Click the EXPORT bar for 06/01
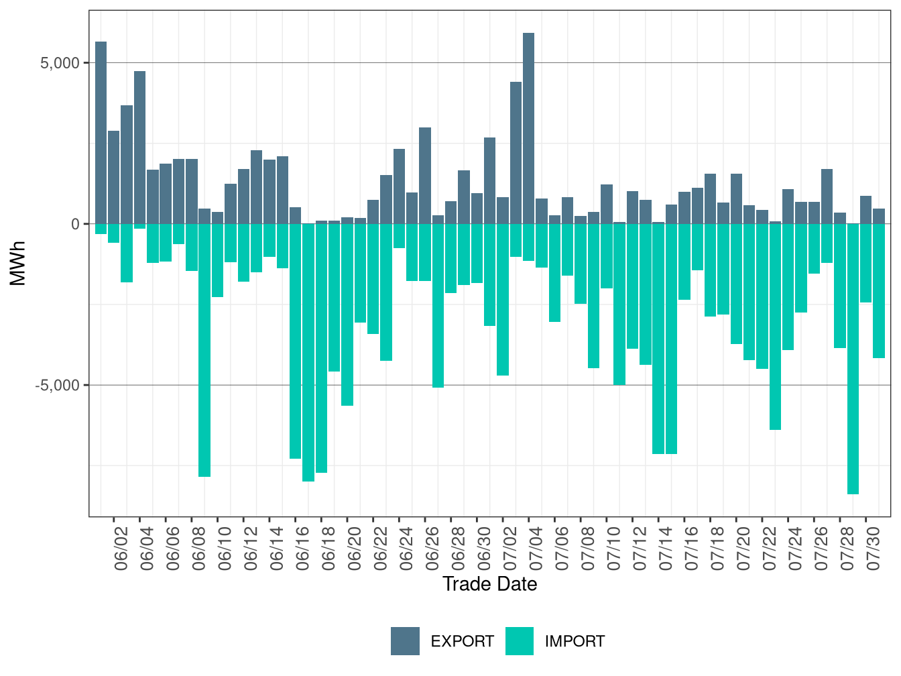(101, 133)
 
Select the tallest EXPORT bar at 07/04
(528, 129)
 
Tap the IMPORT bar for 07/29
(853, 359)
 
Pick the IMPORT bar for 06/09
(204, 350)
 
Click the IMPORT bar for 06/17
(308, 353)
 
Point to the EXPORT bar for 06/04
(139, 148)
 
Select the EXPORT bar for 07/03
(516, 153)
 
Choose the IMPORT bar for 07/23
(775, 327)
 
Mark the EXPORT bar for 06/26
(425, 176)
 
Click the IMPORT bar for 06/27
(438, 306)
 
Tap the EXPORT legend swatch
(405, 641)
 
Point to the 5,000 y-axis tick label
(60, 63)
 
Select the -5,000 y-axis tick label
(57, 386)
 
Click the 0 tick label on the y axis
(76, 225)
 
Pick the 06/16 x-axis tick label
(302, 549)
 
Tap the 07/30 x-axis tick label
(873, 549)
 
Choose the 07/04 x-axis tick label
(536, 549)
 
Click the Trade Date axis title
(489, 584)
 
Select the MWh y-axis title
(17, 264)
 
